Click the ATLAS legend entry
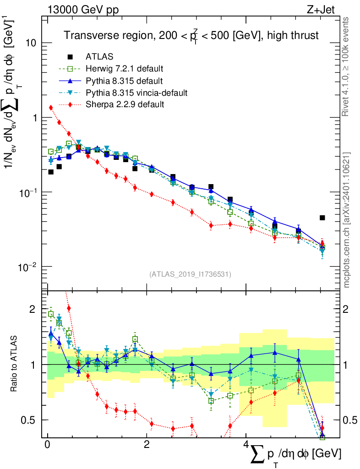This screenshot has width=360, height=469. pos(99,57)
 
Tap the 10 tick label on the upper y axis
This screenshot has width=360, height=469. pos(31,43)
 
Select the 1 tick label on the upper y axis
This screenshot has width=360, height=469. pos(34,118)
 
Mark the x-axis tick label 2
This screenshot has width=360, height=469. pos(147,445)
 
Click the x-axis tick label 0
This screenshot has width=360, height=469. pos(47,445)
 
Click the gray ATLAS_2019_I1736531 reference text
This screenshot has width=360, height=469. pos(190,274)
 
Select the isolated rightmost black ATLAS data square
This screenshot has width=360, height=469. pos(322,218)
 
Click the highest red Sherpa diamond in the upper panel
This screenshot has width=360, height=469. pos(51,108)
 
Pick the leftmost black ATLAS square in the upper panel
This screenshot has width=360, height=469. pos(51,172)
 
